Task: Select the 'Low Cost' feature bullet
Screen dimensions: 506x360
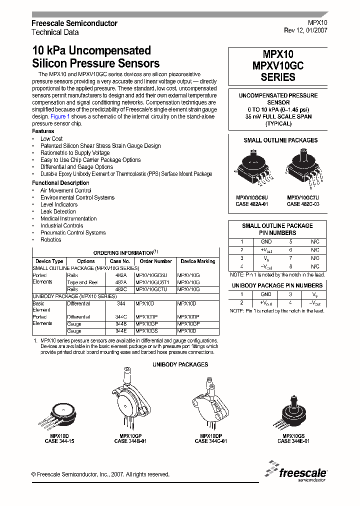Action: click(51, 139)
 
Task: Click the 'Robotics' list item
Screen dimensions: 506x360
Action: click(51, 240)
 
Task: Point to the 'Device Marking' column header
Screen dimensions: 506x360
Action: click(198, 261)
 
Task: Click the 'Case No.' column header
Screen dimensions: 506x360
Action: click(120, 261)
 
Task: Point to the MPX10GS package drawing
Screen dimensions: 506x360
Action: click(293, 412)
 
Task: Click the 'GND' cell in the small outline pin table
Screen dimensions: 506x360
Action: click(266, 241)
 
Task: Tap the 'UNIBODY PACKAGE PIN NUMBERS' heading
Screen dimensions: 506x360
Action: click(277, 285)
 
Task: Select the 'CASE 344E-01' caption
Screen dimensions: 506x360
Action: click(293, 441)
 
